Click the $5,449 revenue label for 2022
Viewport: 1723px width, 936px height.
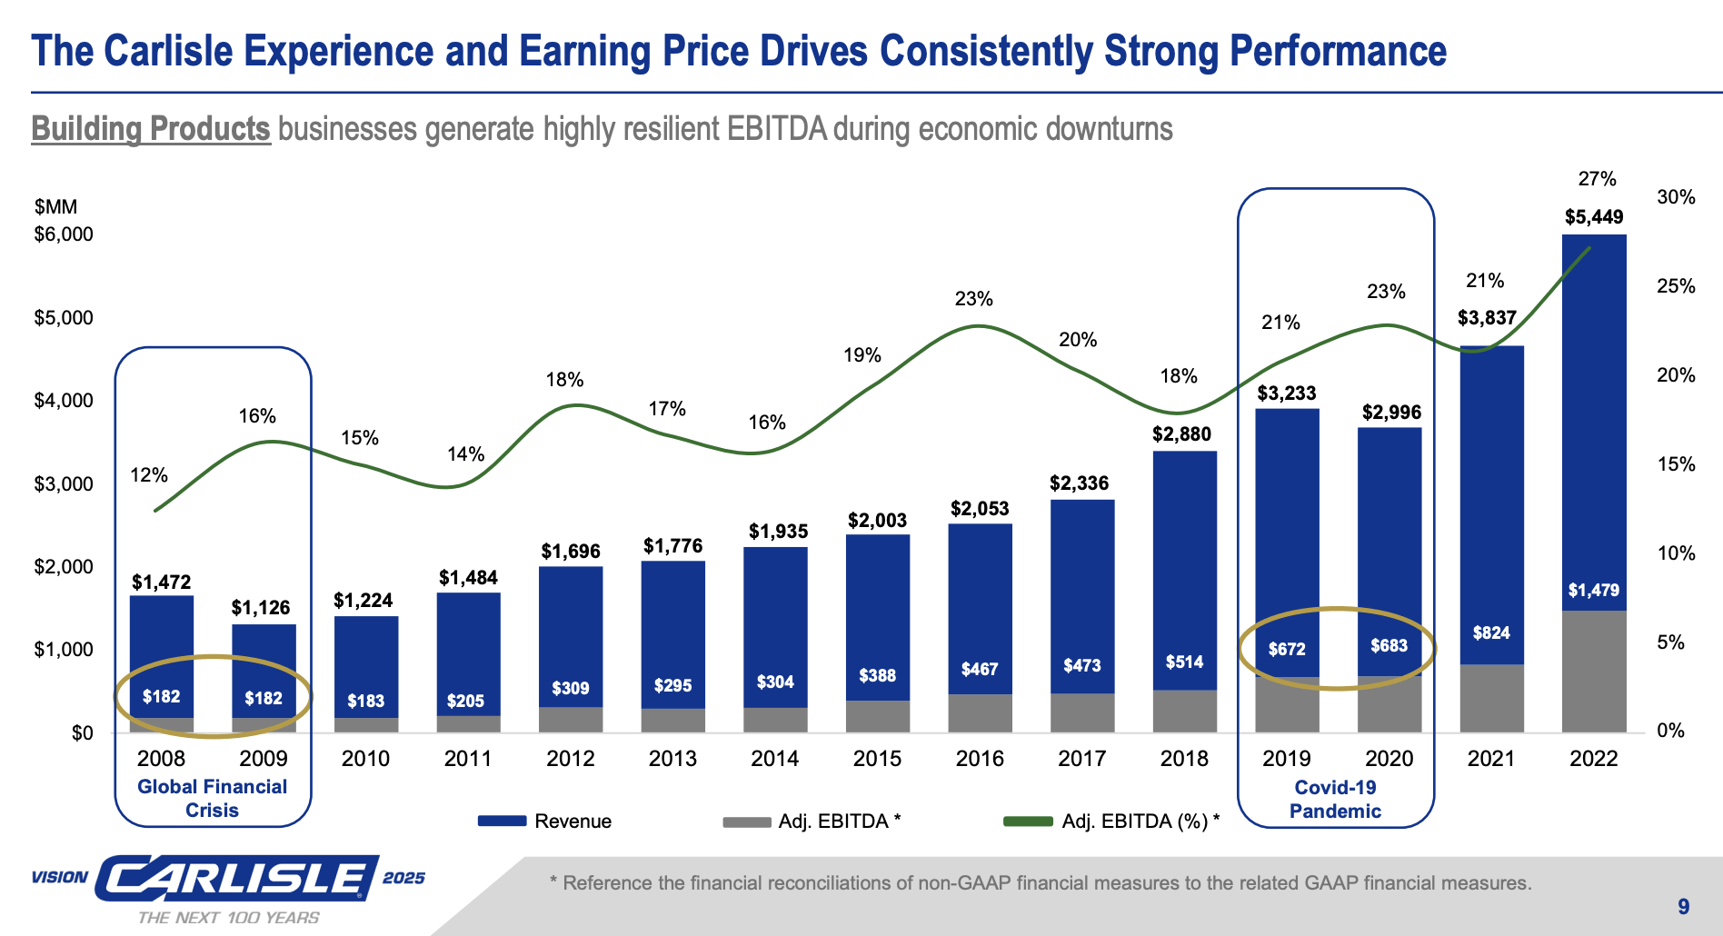pos(1593,217)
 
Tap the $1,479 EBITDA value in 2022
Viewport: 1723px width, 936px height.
pos(1593,591)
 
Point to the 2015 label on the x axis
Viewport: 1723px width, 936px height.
pos(877,759)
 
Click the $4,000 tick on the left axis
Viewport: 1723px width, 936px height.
pos(64,401)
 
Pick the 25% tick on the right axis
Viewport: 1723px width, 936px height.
pos(1676,286)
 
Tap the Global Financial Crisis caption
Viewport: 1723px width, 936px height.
pos(212,799)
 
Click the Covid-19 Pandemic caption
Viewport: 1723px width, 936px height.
pos(1335,800)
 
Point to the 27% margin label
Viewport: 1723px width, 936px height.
pos(1597,179)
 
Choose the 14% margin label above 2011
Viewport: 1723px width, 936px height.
pos(465,454)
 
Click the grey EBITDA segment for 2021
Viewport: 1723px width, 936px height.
pos(1491,698)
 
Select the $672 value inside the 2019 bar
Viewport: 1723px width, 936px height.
pos(1287,649)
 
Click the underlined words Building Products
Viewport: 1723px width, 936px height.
pos(151,129)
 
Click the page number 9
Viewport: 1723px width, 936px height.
pos(1683,906)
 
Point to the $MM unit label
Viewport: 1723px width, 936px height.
pos(56,207)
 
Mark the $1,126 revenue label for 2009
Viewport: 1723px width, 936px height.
pos(261,608)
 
